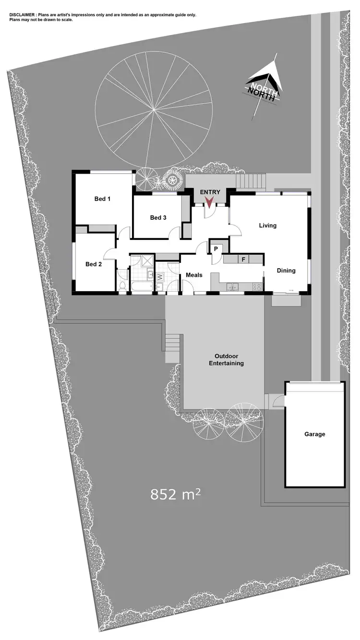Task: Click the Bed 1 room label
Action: [x=102, y=199]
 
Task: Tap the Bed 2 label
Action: [x=94, y=264]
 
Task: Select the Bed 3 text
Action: [x=158, y=218]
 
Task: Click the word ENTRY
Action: [x=210, y=192]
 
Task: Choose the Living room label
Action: [x=267, y=225]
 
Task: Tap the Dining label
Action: [x=286, y=271]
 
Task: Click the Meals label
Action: [x=194, y=275]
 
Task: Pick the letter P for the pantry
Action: [x=216, y=249]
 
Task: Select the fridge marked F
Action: [x=243, y=260]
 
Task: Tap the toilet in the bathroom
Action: [x=123, y=286]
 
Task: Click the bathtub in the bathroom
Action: [x=142, y=287]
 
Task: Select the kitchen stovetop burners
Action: [x=257, y=287]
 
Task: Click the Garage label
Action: [x=314, y=434]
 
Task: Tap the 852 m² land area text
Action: [x=175, y=494]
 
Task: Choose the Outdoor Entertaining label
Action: [x=226, y=360]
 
